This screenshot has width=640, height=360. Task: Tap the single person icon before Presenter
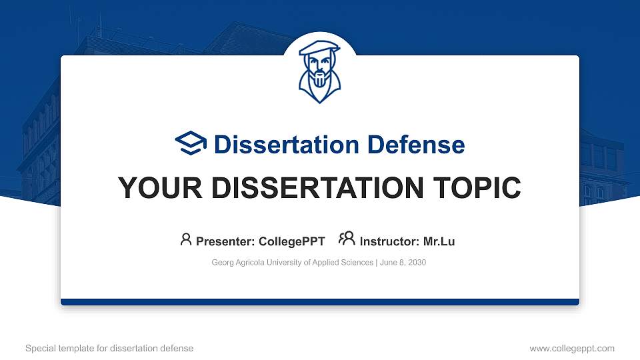click(186, 239)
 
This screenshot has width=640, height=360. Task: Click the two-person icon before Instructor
click(347, 239)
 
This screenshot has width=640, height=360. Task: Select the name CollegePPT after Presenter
click(291, 241)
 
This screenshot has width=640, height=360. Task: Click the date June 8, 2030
click(403, 263)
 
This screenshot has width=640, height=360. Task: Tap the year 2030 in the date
click(417, 263)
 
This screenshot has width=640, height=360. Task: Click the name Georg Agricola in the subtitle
click(237, 263)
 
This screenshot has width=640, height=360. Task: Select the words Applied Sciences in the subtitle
click(344, 263)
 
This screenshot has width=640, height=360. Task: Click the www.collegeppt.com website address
click(572, 348)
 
